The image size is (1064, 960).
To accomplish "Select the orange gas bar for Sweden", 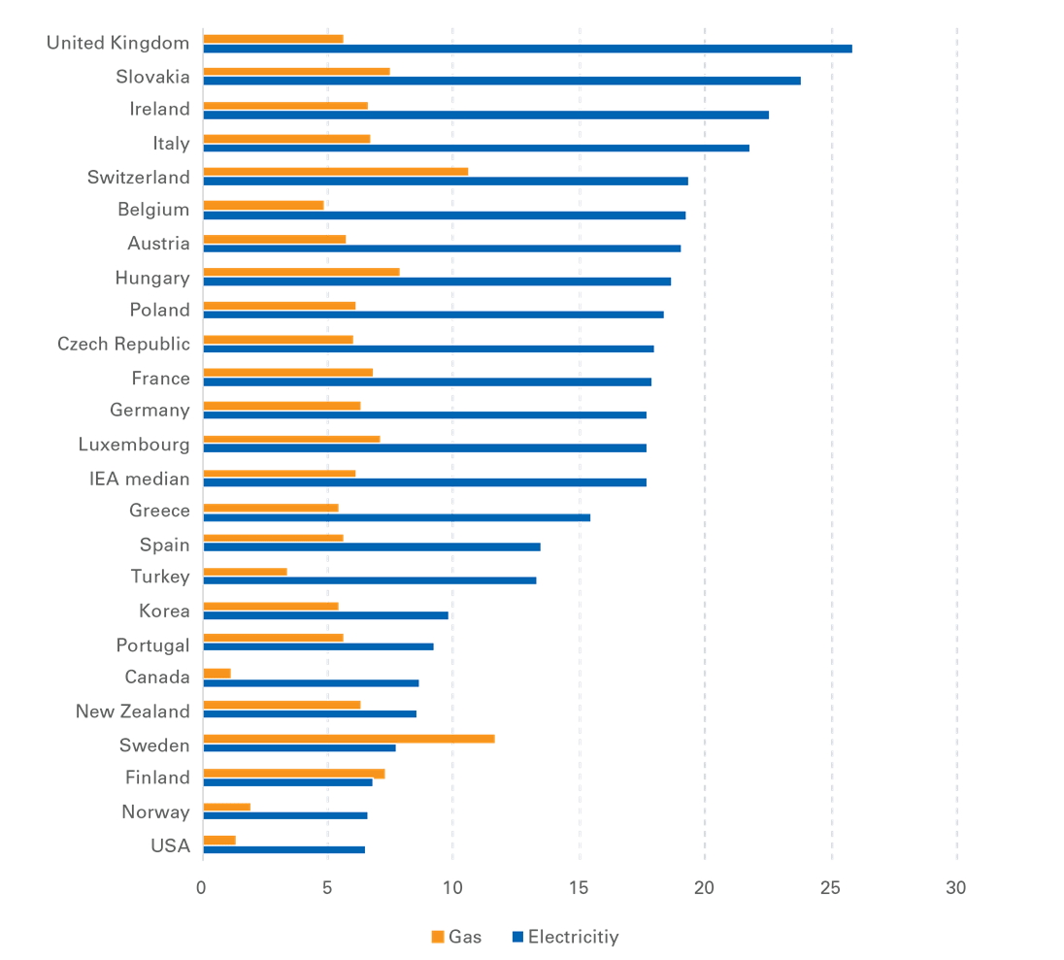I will [349, 739].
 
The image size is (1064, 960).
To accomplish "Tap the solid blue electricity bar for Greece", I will [396, 518].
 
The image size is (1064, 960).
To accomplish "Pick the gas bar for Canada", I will [216, 673].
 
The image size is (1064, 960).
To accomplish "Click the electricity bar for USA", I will [284, 849].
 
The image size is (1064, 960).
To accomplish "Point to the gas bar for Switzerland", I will [335, 171].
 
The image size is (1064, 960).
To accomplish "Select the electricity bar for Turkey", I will [370, 580].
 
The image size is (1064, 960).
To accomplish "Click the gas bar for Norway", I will [226, 807].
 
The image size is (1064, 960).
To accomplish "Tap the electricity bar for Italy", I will [476, 149].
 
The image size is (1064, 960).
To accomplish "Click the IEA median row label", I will [140, 478].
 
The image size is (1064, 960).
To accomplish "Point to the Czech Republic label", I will [123, 345].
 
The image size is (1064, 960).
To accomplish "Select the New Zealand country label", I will [133, 712].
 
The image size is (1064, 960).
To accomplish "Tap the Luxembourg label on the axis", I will [134, 445].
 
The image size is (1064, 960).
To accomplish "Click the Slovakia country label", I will [153, 77].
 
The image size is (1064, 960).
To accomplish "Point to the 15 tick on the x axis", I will [579, 887].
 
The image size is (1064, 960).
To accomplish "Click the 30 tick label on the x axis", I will [956, 887].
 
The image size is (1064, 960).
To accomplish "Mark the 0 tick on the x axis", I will [202, 887].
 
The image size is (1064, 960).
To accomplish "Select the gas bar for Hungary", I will [301, 272].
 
